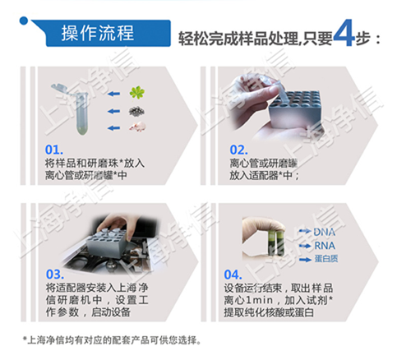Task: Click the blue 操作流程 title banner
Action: (x=99, y=34)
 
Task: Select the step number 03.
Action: (x=54, y=274)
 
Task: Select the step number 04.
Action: (x=234, y=274)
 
